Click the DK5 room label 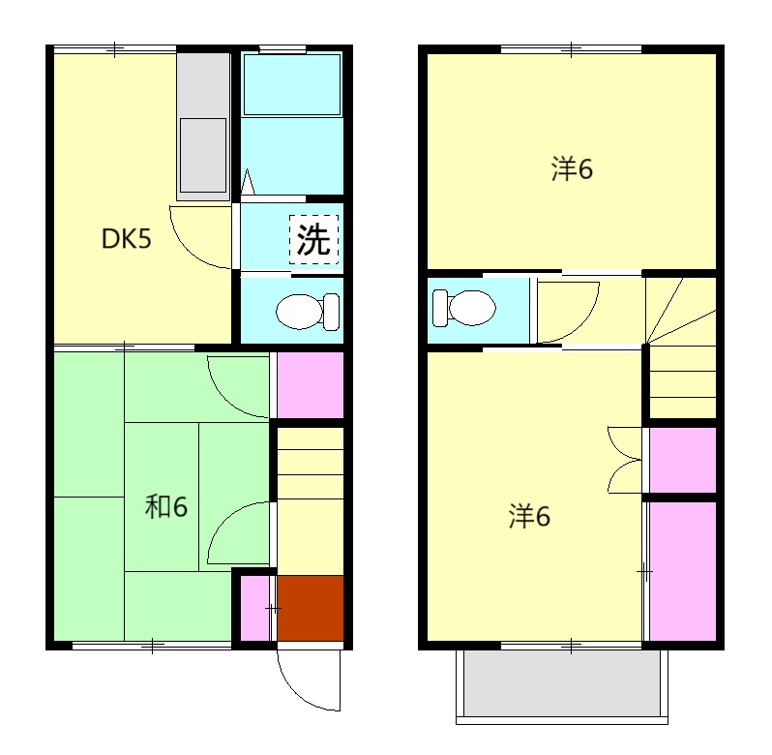click(127, 239)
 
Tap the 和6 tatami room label click(165, 506)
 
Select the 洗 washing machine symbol click(314, 239)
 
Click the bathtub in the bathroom click(291, 85)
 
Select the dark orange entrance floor click(311, 608)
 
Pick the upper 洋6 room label click(572, 170)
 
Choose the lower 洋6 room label click(530, 517)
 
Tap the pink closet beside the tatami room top click(310, 384)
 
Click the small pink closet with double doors click(681, 459)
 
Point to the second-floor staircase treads click(681, 358)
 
